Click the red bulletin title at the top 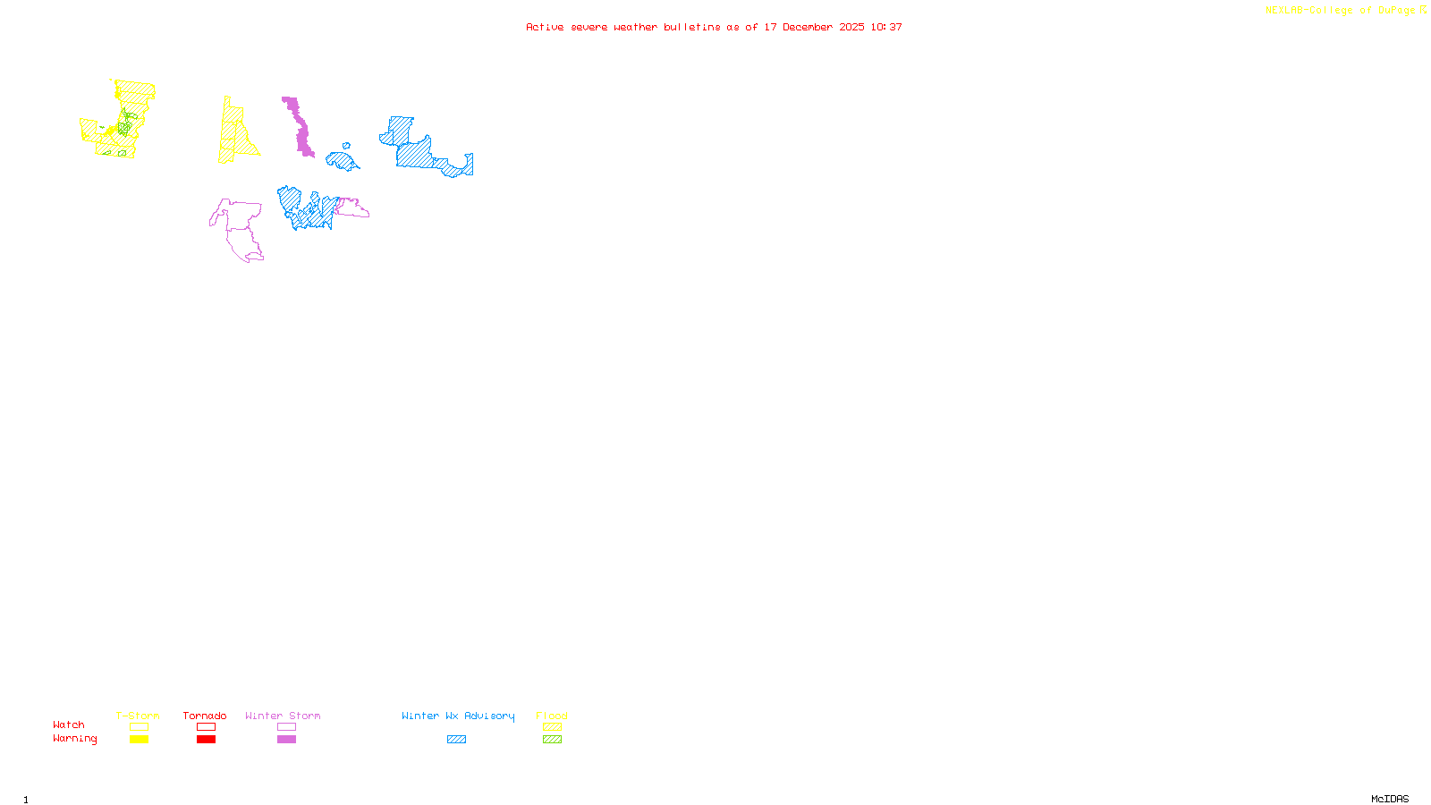714,28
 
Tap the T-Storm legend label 138,716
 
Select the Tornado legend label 205,716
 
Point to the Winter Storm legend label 283,716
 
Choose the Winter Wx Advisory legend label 458,716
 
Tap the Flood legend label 552,716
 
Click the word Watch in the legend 69,724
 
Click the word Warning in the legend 74,739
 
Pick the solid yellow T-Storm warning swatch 139,740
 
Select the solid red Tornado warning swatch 206,740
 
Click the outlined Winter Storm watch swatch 286,727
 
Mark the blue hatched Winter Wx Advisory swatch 456,740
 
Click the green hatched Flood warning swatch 552,740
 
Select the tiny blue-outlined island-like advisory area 346,146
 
